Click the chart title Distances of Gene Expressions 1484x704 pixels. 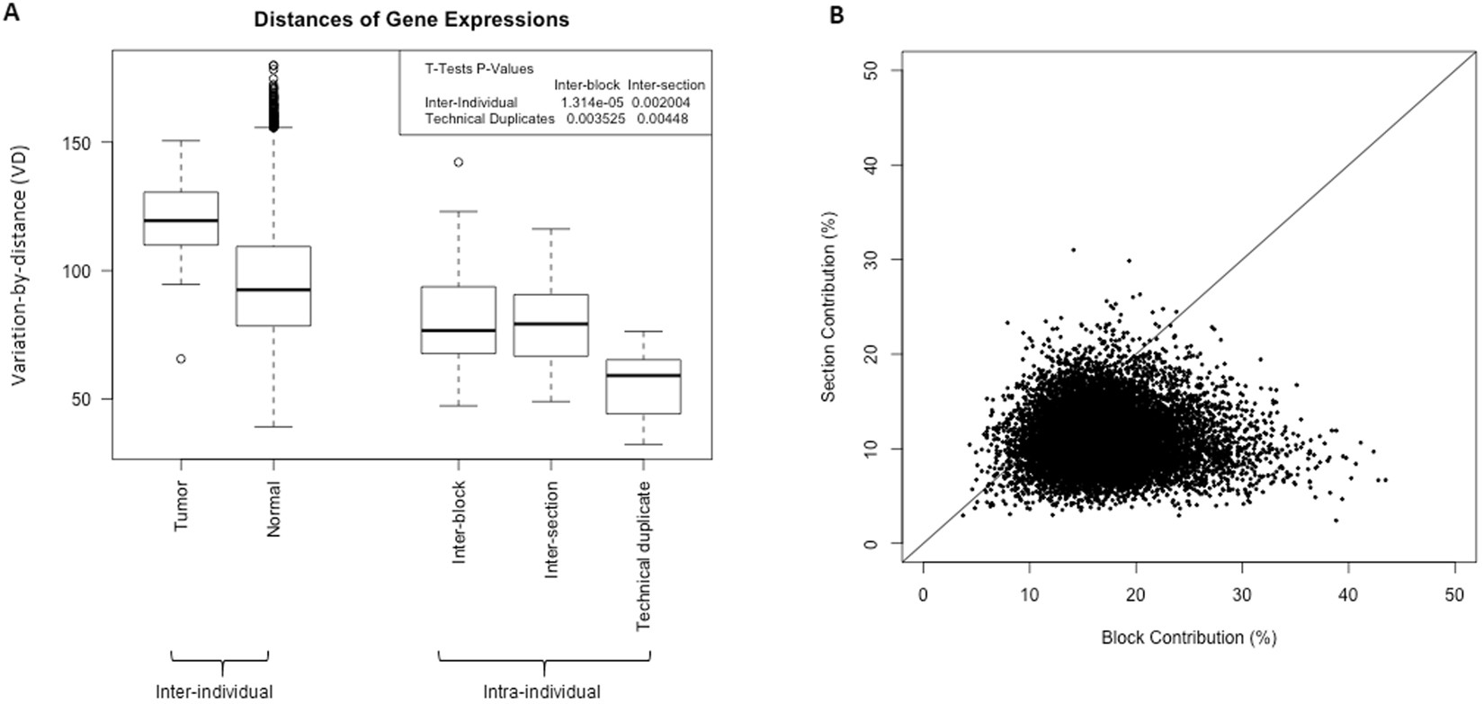pyautogui.click(x=410, y=19)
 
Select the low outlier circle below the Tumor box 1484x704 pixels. pyautogui.click(x=181, y=359)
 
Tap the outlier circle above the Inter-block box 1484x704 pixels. pyautogui.click(x=459, y=163)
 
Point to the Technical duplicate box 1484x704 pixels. pyautogui.click(x=643, y=387)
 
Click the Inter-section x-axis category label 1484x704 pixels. pyautogui.click(x=551, y=529)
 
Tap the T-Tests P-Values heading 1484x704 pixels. pyautogui.click(x=478, y=68)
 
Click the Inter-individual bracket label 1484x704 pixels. pyautogui.click(x=214, y=691)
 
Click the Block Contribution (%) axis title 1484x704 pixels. pyautogui.click(x=1188, y=638)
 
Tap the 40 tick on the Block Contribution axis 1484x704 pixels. pyautogui.click(x=1348, y=594)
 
